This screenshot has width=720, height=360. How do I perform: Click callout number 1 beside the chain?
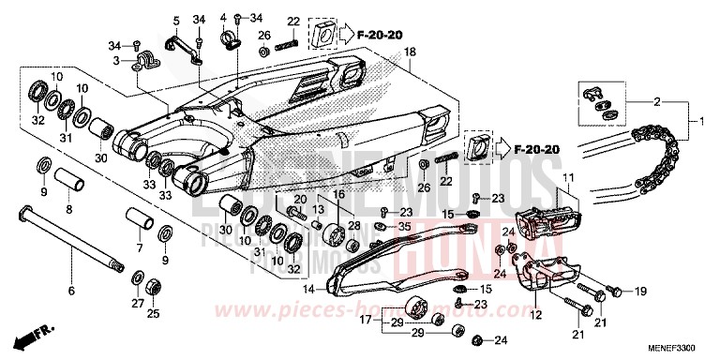pyautogui.click(x=695, y=121)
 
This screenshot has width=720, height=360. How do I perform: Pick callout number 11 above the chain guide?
pyautogui.click(x=565, y=177)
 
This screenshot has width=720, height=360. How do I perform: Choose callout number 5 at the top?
pyautogui.click(x=174, y=20)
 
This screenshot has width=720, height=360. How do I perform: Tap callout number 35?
pyautogui.click(x=404, y=228)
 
